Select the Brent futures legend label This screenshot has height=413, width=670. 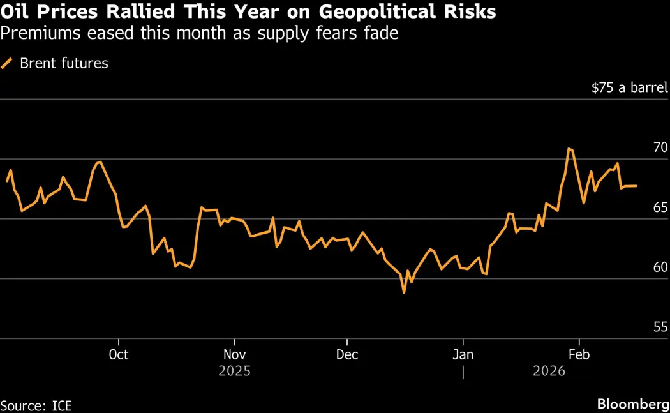(64, 63)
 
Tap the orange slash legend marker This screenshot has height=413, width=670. (8, 63)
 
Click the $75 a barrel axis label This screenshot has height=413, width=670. (629, 88)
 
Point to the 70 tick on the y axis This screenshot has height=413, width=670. (660, 147)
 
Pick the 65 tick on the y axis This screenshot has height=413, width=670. (660, 207)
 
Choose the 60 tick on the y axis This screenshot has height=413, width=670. (660, 267)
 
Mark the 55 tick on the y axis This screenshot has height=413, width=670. (660, 327)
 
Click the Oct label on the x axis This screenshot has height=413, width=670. (119, 354)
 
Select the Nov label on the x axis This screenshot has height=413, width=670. (235, 354)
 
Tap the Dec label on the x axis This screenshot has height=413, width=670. (346, 354)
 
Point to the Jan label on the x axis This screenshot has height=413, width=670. (463, 354)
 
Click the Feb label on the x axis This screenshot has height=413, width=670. (578, 354)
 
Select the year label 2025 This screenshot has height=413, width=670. (235, 371)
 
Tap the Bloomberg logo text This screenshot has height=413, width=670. (633, 404)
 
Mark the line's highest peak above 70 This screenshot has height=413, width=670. (568, 149)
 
